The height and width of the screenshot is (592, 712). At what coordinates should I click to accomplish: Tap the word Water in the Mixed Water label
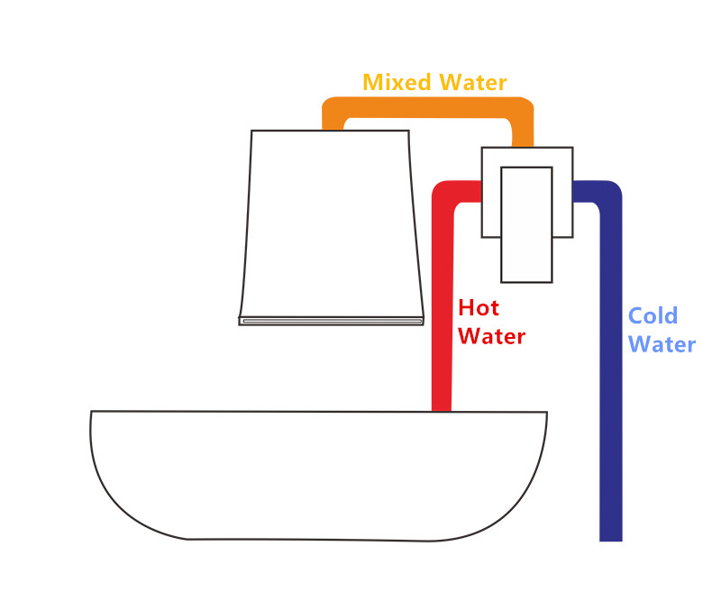tap(472, 83)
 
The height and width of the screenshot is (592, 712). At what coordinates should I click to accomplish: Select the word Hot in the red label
tap(479, 308)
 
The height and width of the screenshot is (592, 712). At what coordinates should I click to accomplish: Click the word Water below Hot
tap(492, 337)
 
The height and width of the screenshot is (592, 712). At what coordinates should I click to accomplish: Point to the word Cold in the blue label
tap(653, 316)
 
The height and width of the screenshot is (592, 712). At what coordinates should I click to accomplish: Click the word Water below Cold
tap(662, 345)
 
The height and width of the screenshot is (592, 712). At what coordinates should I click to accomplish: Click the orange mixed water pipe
tap(424, 107)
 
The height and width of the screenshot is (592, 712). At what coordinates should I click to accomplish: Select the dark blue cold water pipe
tap(610, 378)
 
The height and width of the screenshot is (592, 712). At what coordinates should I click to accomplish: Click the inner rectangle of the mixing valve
tap(526, 223)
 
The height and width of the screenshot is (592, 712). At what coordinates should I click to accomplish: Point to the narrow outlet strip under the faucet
tap(331, 320)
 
